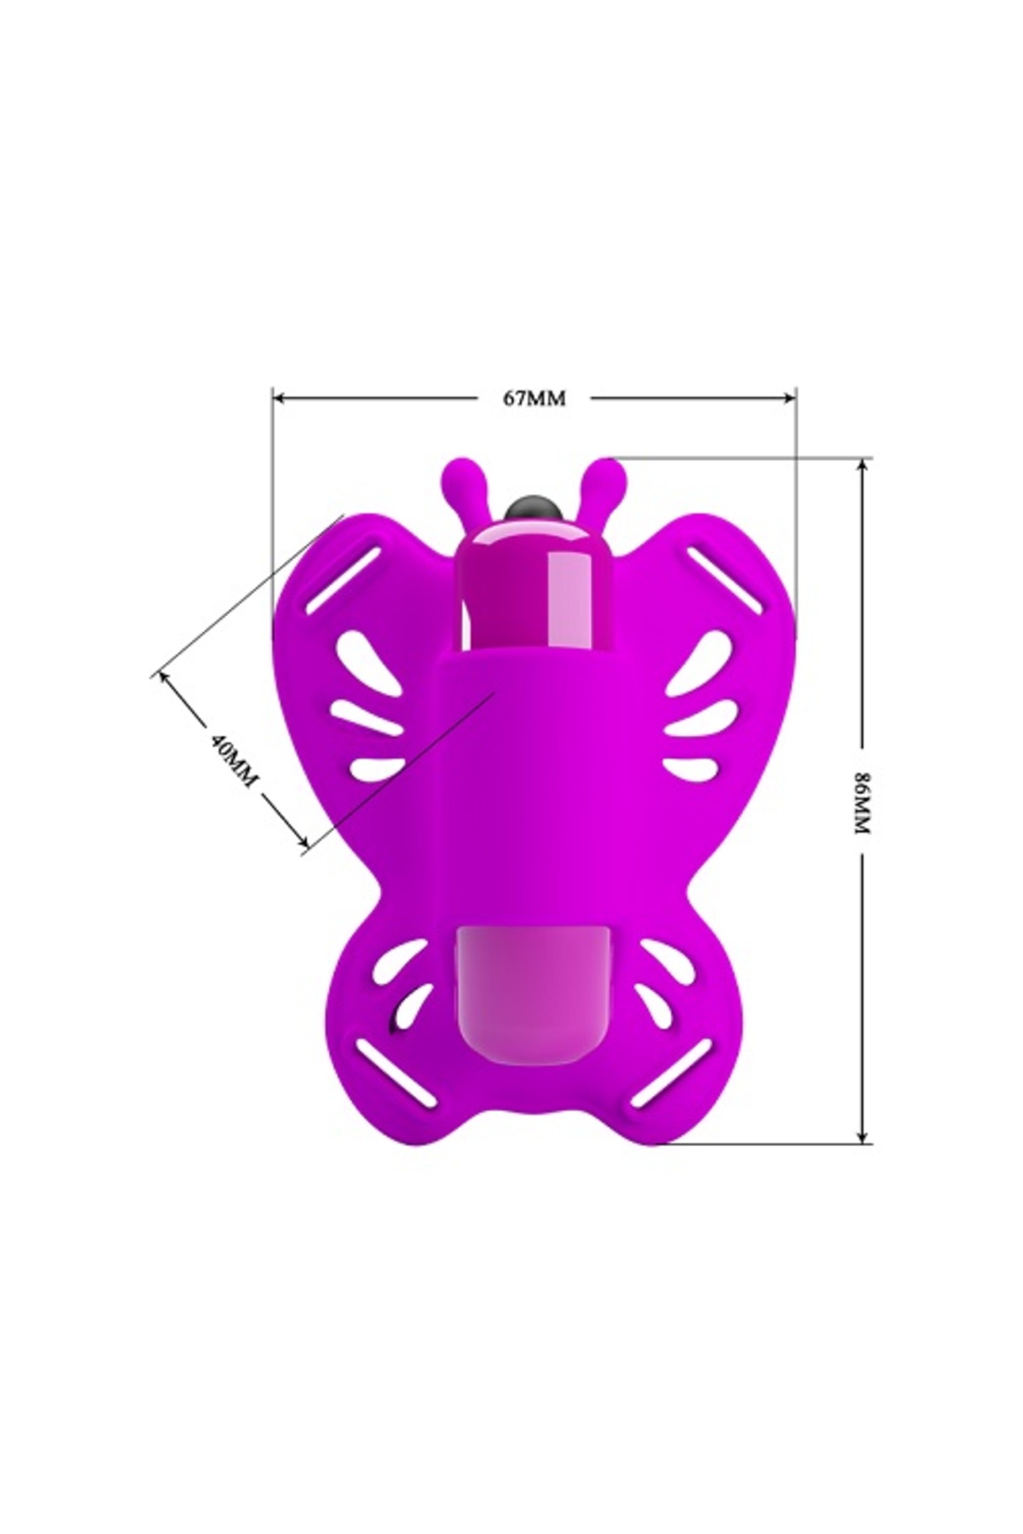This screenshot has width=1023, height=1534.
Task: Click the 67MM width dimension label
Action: point(534,398)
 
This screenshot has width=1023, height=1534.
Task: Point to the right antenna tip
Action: point(606,471)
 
